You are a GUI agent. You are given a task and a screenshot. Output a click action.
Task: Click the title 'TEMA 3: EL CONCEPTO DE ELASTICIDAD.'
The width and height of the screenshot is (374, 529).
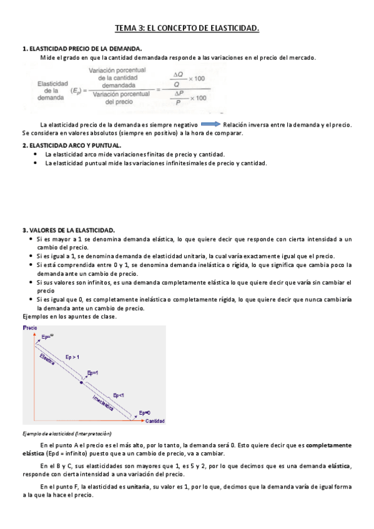point(187,28)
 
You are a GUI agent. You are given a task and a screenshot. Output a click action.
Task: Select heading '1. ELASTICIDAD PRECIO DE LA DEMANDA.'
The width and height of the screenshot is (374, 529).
point(81,49)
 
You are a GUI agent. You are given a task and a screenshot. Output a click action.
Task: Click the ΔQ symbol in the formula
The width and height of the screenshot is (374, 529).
point(178,74)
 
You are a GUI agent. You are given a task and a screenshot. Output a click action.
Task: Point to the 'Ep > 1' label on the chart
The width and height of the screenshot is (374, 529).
point(73,356)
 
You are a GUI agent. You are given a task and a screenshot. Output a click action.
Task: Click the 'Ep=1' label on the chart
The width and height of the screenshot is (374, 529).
point(94,372)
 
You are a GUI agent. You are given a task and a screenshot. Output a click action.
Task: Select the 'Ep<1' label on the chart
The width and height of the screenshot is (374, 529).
point(119,395)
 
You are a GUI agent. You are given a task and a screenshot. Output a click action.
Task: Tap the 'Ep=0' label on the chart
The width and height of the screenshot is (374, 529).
point(145,412)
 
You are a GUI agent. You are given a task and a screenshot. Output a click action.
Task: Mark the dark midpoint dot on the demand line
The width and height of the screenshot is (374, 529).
point(81,382)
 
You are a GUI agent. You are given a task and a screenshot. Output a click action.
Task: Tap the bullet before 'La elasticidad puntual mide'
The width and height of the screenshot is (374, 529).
point(37,163)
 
